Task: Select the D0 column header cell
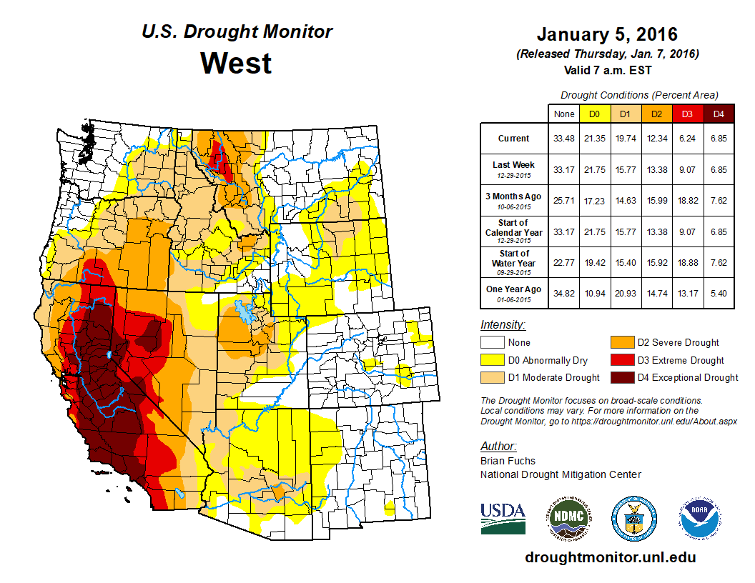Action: pos(594,114)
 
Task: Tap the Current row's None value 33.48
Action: pos(563,139)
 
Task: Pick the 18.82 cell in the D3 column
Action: pos(687,200)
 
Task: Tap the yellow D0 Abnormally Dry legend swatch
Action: pos(493,360)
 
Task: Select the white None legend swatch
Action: pos(493,343)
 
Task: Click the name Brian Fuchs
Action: pos(508,461)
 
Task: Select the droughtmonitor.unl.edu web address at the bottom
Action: pos(610,557)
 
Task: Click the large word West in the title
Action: pos(236,63)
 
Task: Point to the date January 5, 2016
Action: pos(607,34)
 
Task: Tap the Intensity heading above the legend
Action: pos(503,325)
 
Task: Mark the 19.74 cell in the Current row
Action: pos(625,139)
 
